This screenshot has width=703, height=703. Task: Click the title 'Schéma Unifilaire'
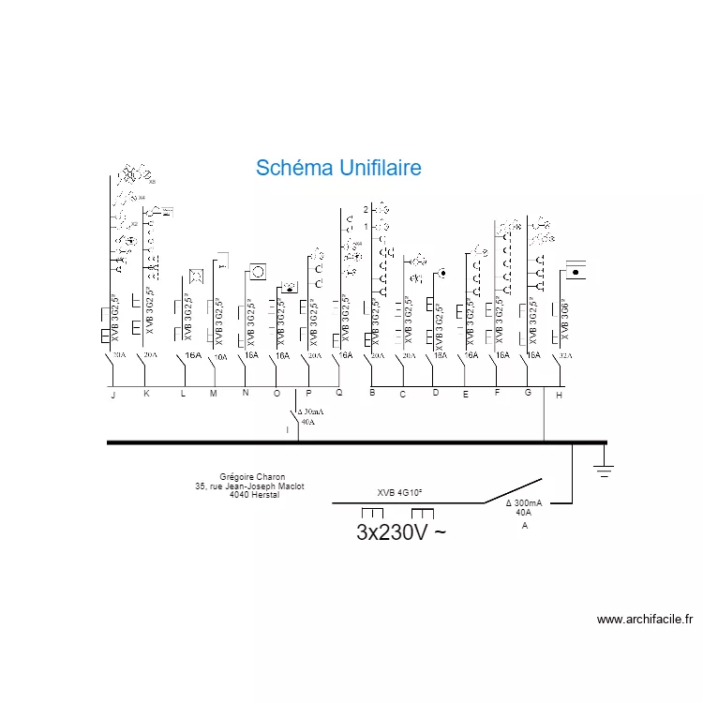[338, 168]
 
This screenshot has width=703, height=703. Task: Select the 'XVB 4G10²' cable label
[400, 492]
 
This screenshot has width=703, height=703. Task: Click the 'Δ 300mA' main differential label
[524, 503]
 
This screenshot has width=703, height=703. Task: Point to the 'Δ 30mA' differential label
[311, 411]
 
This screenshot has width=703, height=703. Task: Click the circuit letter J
[113, 396]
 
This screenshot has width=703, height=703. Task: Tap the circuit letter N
[246, 394]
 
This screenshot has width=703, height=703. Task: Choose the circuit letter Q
[339, 393]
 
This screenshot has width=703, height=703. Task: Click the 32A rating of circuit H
[565, 356]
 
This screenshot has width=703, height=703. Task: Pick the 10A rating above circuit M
[221, 357]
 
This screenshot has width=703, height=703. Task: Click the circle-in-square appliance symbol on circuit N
[258, 273]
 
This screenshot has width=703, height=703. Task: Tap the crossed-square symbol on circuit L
[197, 276]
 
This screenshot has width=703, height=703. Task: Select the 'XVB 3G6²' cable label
[564, 319]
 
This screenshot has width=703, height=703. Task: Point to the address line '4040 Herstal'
[254, 495]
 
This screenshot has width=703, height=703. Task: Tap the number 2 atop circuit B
[367, 209]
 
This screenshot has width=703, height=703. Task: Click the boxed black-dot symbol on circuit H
[576, 272]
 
